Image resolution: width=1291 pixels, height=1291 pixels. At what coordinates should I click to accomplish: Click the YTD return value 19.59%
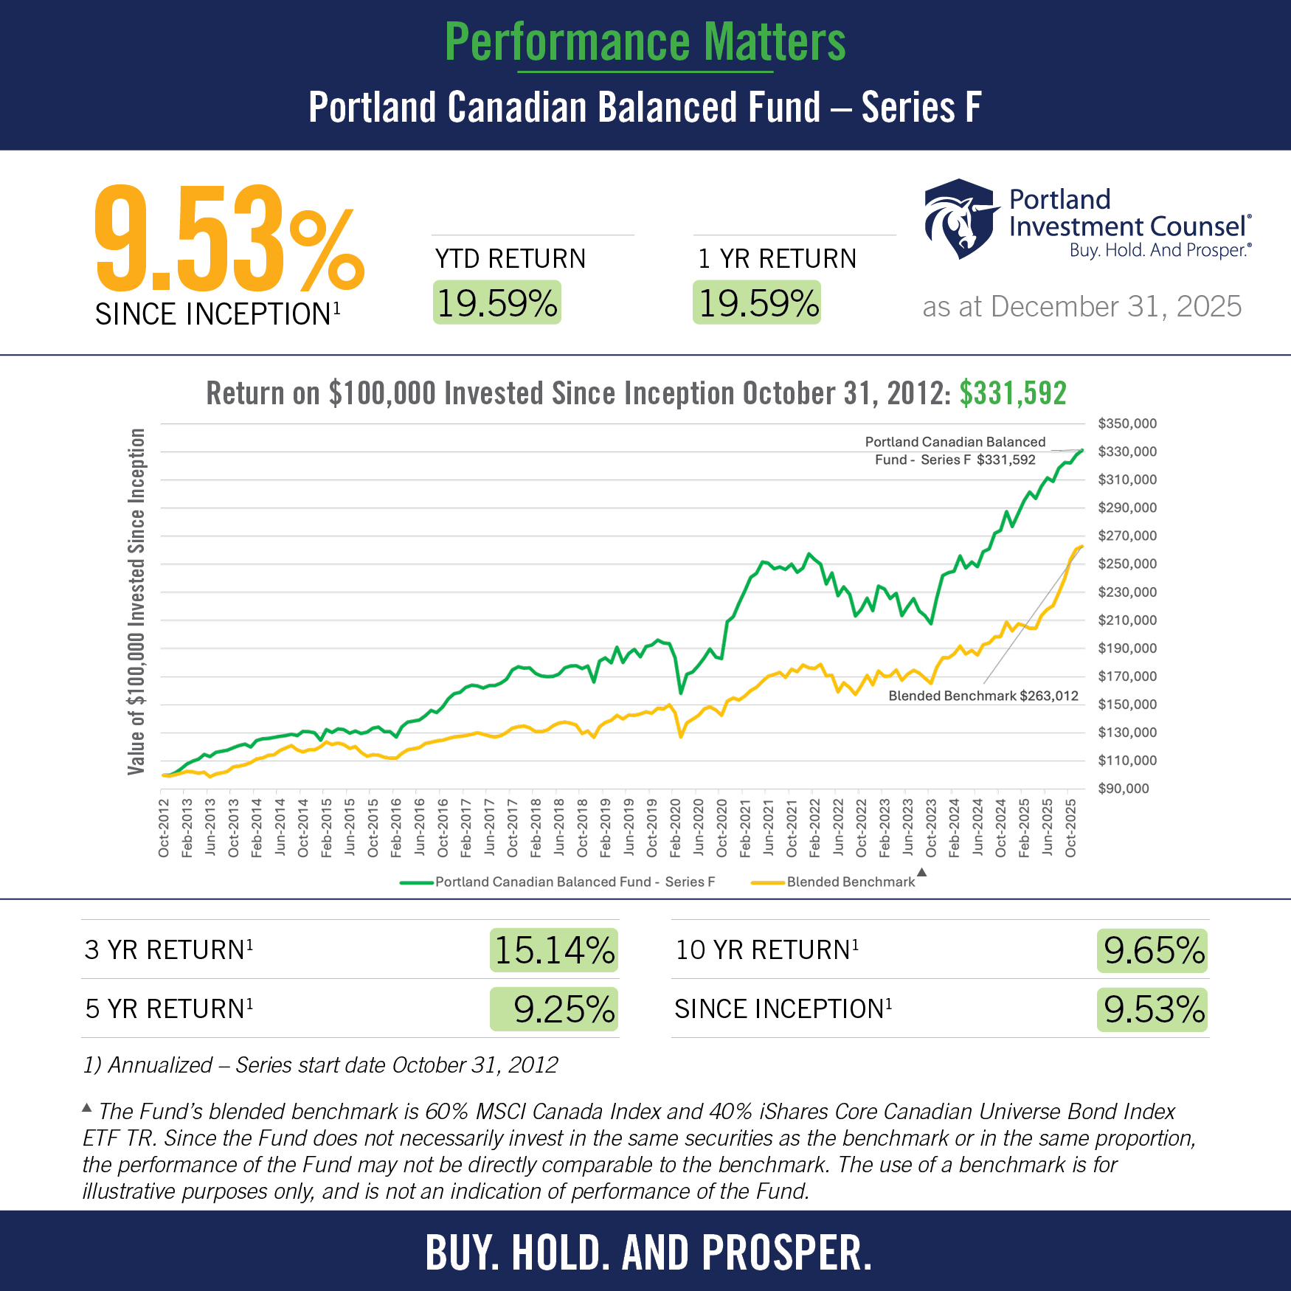coord(496,303)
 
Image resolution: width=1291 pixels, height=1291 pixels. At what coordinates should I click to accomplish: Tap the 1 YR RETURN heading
coord(777,259)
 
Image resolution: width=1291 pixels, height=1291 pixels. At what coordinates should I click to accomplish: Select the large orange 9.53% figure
coord(229,240)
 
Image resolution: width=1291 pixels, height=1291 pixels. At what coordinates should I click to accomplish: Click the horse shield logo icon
coord(959,218)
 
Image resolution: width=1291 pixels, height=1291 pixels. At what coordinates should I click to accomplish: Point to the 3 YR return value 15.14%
coord(554,950)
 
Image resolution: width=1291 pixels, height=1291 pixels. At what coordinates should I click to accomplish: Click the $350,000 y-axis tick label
coord(1127,423)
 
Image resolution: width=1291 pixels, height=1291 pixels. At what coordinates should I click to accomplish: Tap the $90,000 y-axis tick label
coord(1124,789)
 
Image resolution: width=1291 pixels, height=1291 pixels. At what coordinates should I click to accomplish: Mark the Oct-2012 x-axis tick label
coord(164,828)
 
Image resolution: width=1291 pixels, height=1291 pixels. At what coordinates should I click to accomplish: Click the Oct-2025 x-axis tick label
coord(1071,828)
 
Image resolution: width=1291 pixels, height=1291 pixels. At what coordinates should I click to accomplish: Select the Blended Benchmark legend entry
coord(850,882)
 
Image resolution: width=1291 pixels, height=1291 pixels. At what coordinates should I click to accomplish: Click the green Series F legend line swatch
coord(416,882)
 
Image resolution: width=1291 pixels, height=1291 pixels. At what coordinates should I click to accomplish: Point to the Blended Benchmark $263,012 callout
coord(983,696)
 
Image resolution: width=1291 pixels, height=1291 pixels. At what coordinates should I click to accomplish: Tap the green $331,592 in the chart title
coord(1013,393)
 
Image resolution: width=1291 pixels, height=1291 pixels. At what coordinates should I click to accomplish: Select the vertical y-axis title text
coord(136,601)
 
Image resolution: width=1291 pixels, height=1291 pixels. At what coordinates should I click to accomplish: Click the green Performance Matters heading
coord(645,42)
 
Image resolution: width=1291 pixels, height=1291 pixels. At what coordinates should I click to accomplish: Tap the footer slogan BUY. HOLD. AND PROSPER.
coord(648,1253)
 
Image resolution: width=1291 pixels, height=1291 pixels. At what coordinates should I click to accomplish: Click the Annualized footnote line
coord(320,1065)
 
